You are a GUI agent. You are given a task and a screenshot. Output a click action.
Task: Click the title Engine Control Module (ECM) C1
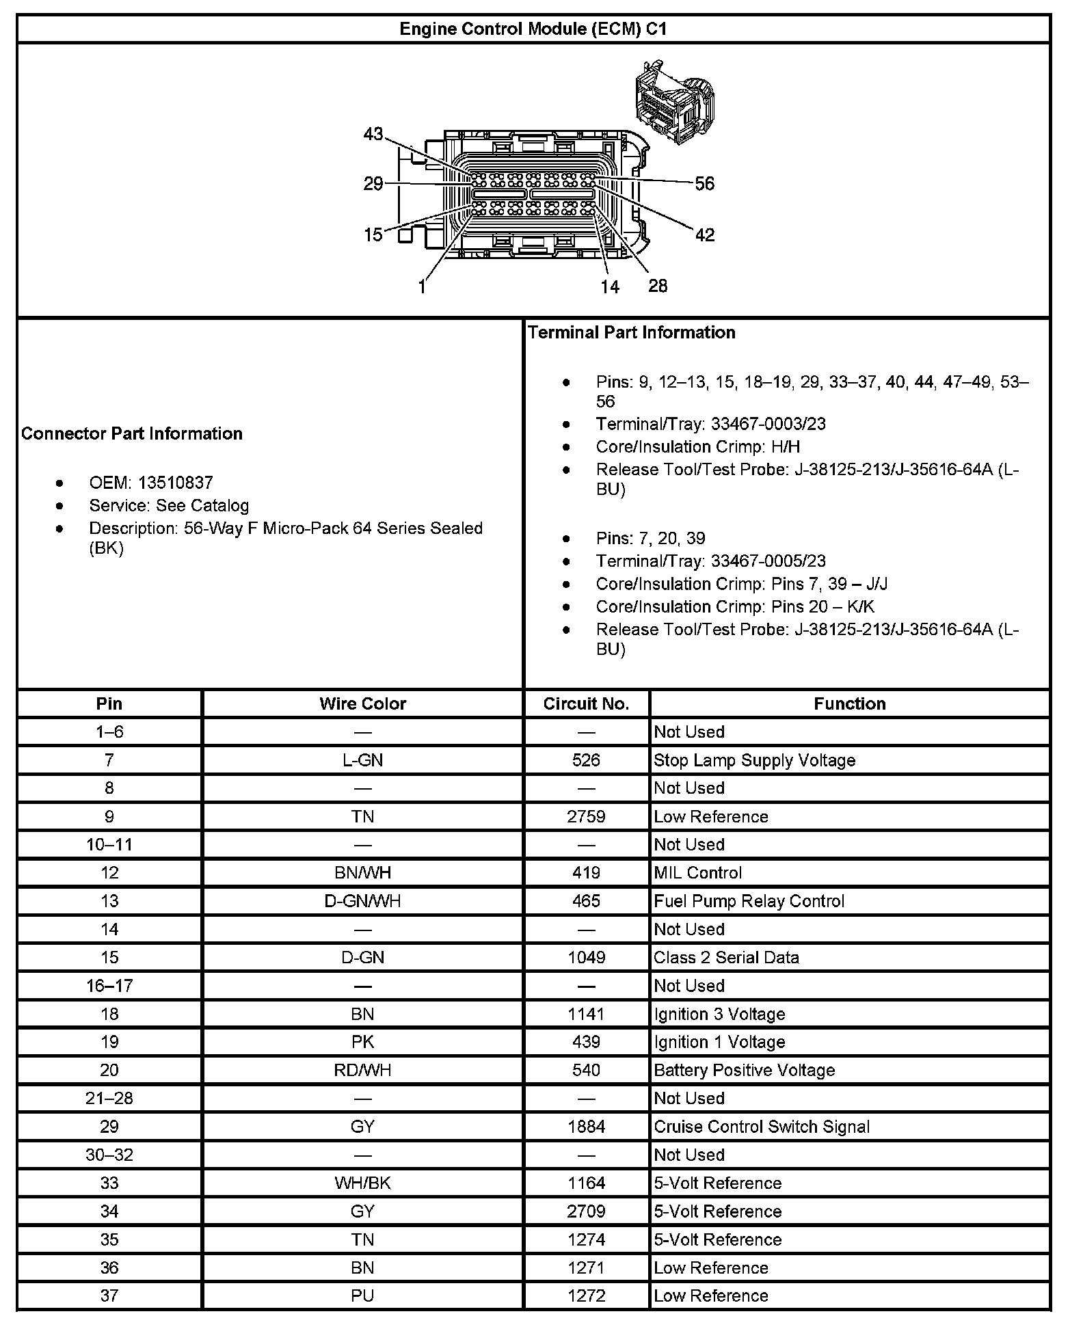[533, 29]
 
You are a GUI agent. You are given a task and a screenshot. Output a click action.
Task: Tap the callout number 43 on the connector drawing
[373, 134]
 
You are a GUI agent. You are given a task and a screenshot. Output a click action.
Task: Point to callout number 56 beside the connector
[704, 183]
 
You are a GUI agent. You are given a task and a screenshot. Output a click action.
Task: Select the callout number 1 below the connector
[423, 287]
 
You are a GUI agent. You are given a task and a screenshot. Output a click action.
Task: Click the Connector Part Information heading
[132, 433]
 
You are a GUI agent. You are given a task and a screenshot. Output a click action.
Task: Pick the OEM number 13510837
[175, 483]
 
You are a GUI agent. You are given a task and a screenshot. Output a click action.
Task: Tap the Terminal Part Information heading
[631, 332]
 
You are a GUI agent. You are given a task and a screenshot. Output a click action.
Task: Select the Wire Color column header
[362, 703]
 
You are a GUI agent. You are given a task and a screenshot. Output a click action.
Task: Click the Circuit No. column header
[586, 703]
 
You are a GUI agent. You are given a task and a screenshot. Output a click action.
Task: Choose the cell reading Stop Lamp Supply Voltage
[754, 760]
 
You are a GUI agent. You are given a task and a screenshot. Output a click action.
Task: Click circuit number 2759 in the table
[586, 816]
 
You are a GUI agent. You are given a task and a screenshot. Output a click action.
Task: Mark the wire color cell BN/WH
[362, 873]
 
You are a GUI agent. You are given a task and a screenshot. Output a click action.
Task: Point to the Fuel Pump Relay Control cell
[749, 901]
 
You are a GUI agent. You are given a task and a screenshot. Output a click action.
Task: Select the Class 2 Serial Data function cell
[726, 957]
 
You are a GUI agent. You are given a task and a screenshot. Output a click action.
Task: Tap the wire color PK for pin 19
[362, 1042]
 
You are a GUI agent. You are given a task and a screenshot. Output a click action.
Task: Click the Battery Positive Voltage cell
[744, 1070]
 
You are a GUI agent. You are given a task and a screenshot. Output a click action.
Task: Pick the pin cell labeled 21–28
[109, 1098]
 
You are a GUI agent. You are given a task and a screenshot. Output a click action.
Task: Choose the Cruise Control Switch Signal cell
[762, 1127]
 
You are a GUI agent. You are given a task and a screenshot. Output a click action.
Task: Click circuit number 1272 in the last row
[586, 1296]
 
